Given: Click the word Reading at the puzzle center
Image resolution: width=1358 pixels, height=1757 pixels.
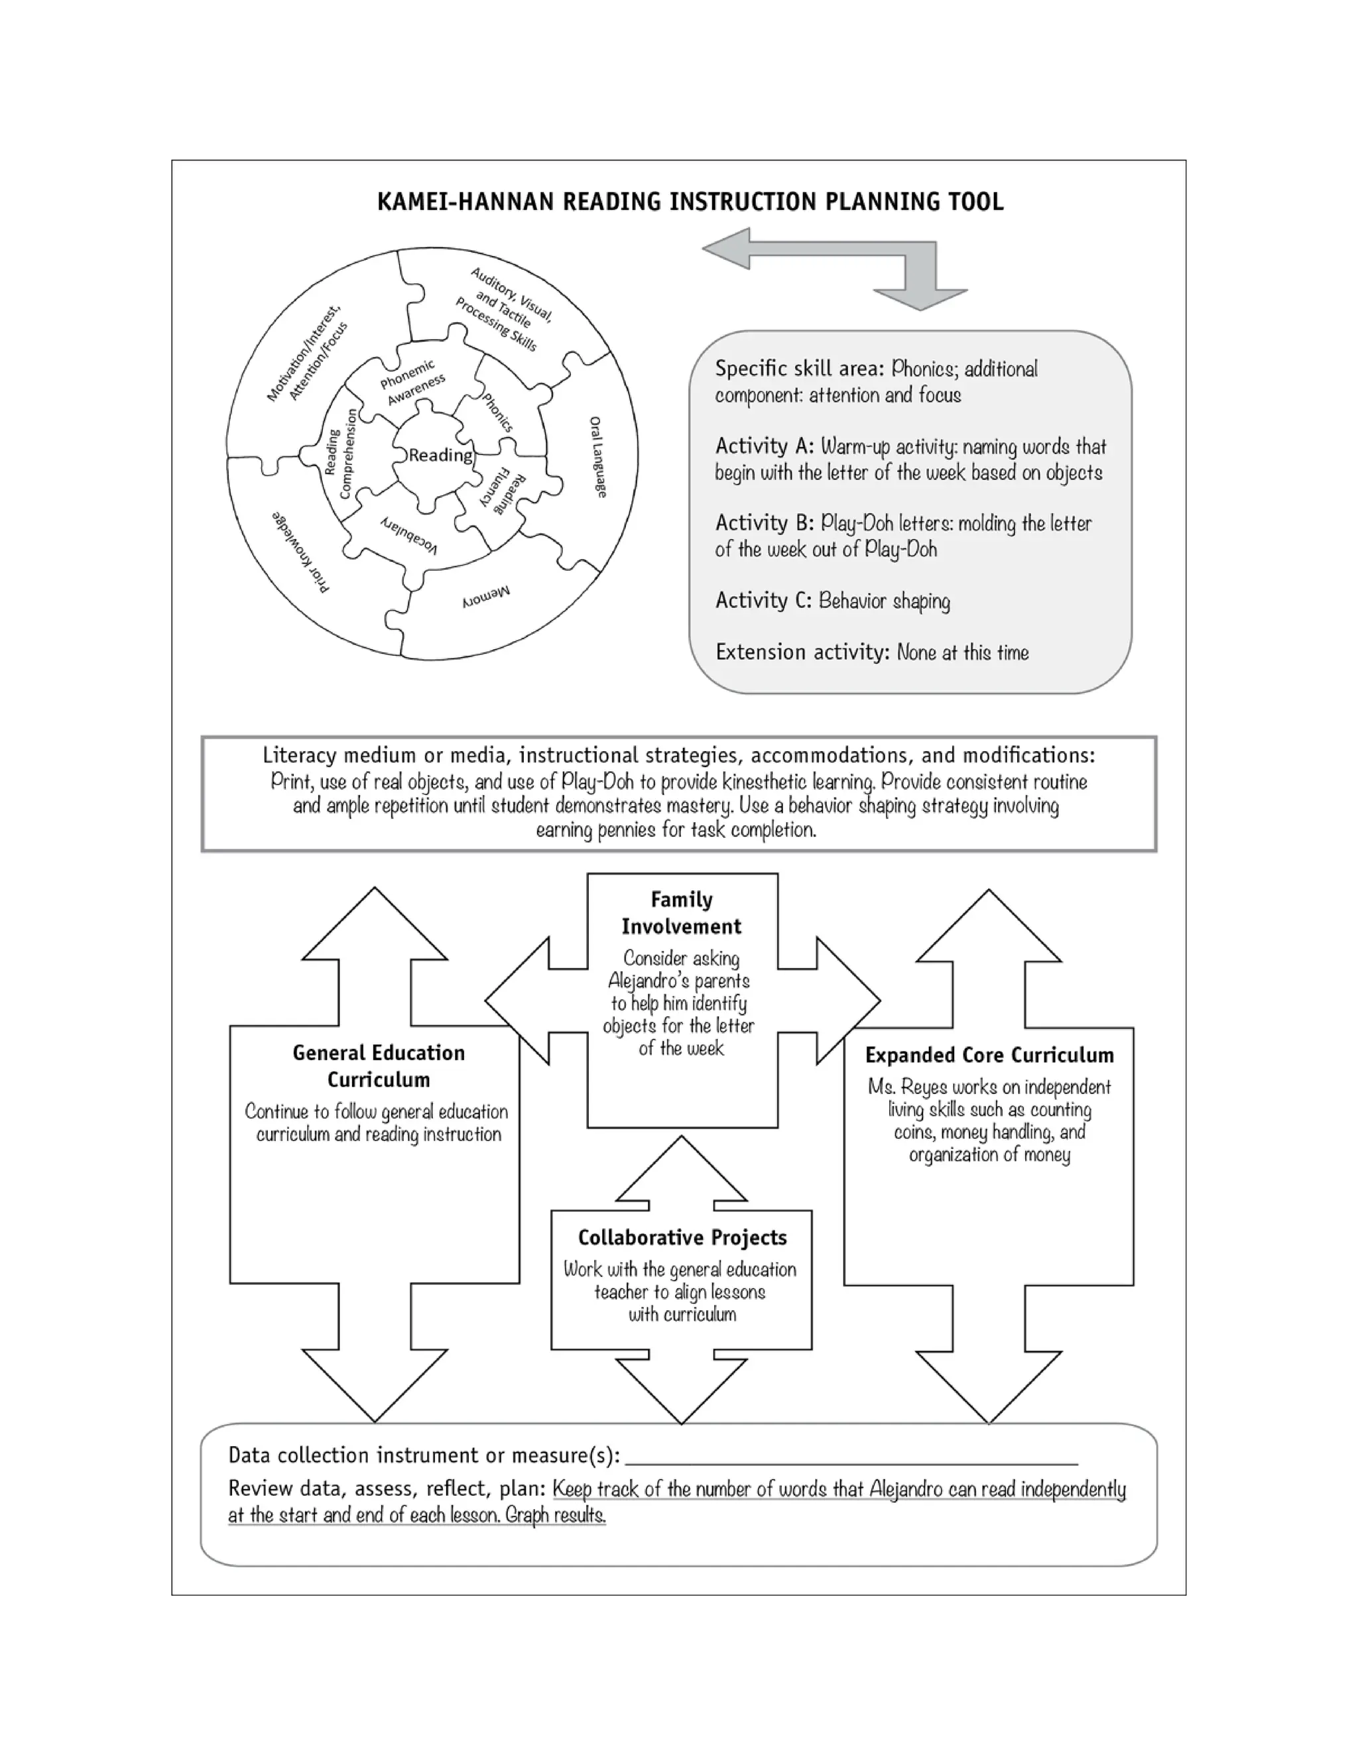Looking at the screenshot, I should (x=440, y=455).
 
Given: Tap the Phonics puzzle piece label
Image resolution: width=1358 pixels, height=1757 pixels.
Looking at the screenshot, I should (x=497, y=412).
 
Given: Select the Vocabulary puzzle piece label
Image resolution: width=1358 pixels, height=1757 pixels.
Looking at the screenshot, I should (x=410, y=534).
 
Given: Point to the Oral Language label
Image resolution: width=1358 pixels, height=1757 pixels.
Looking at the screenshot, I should (x=597, y=456).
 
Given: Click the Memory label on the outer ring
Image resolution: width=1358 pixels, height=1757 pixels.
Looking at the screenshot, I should (x=486, y=596).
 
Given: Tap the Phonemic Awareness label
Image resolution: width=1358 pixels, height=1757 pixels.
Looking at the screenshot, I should (x=411, y=381).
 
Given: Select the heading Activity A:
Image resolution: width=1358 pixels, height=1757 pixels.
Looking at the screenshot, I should (x=765, y=446).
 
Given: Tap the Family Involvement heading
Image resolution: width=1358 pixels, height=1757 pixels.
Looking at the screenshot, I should (x=682, y=913).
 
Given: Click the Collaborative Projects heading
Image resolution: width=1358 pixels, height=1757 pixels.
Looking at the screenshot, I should (x=682, y=1237).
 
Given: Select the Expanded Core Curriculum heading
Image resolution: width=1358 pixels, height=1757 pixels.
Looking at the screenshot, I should (x=989, y=1055).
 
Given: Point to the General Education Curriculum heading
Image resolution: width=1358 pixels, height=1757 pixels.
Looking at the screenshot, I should (x=378, y=1066).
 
